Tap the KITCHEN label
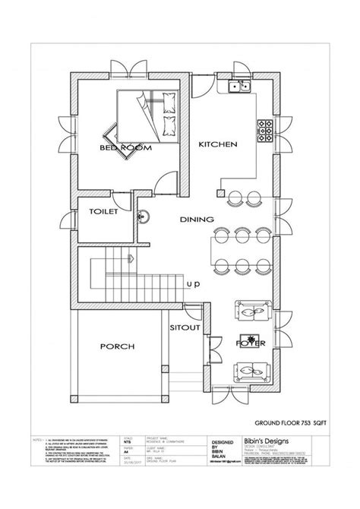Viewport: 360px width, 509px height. [219, 144]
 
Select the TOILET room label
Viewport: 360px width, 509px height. [103, 213]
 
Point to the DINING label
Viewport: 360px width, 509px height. [196, 220]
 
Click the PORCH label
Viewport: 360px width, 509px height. [117, 346]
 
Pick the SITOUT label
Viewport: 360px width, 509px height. [185, 327]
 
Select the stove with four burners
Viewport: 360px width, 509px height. [267, 131]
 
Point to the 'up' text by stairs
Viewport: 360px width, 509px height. [194, 284]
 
